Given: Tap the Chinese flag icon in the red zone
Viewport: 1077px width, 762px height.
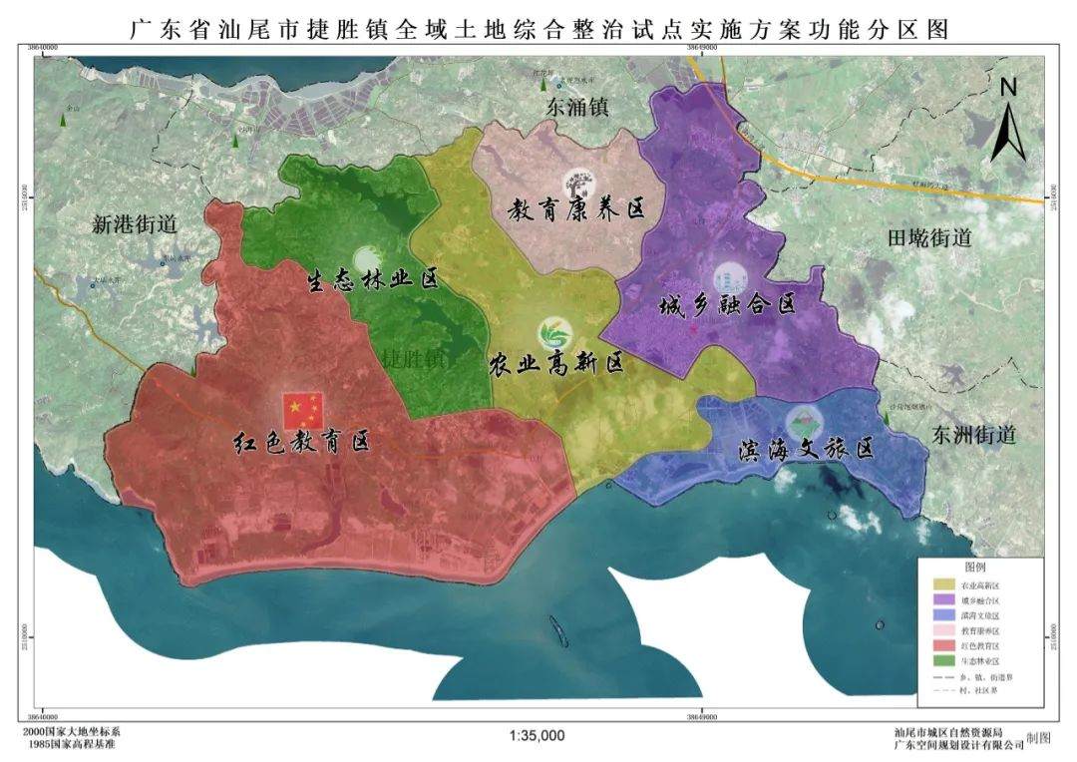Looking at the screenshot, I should pyautogui.click(x=303, y=407).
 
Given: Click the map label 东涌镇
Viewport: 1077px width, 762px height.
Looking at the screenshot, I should pyautogui.click(x=577, y=107).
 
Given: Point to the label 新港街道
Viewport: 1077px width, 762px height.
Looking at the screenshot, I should pyautogui.click(x=134, y=224).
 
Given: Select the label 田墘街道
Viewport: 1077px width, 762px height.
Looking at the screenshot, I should pyautogui.click(x=928, y=237).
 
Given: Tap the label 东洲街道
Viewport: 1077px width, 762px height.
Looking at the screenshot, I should pyautogui.click(x=973, y=435).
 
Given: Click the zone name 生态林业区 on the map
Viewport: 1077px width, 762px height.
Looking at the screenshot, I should pyautogui.click(x=372, y=278).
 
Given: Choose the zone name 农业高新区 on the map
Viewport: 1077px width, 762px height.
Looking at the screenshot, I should pyautogui.click(x=555, y=364).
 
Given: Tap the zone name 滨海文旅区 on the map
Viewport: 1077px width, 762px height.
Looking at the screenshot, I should pyautogui.click(x=807, y=450).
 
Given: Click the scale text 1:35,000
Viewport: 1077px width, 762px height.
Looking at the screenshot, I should pyautogui.click(x=538, y=736).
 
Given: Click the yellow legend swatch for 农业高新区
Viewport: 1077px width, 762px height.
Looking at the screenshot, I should pyautogui.click(x=940, y=584).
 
